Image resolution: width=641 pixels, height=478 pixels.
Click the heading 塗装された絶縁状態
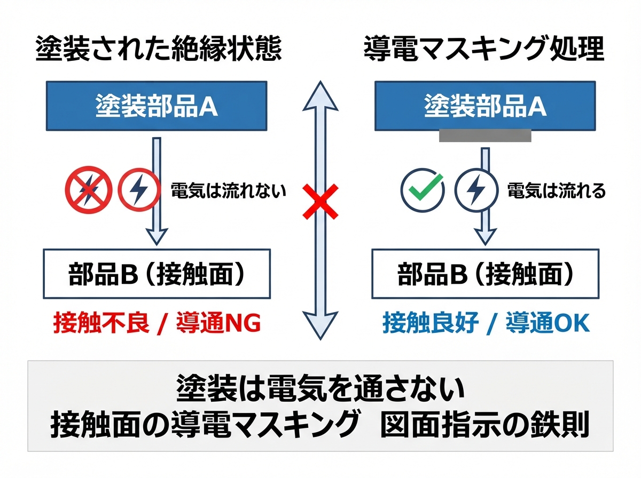tap(159, 49)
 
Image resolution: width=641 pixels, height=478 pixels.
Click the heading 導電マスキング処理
tap(484, 49)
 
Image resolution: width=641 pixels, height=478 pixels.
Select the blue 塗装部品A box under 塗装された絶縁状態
tap(157, 106)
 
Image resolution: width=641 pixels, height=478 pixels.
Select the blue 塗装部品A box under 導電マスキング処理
tap(485, 106)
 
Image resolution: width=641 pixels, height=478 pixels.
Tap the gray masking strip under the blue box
tap(485, 136)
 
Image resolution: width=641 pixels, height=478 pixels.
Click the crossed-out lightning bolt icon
tap(89, 190)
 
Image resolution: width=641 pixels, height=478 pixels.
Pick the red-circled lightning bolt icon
tap(139, 189)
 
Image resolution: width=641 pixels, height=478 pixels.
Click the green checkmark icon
tap(423, 190)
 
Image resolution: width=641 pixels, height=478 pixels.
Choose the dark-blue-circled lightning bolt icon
tap(476, 190)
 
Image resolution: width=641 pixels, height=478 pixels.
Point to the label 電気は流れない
tap(228, 191)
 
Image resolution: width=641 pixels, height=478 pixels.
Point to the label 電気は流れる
tap(557, 191)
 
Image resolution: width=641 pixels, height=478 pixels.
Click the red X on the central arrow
tap(320, 202)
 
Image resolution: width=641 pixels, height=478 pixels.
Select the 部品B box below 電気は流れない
tap(157, 274)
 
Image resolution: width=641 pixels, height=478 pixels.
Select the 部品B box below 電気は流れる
tap(486, 274)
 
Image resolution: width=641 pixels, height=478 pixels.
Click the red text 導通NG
tap(218, 323)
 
